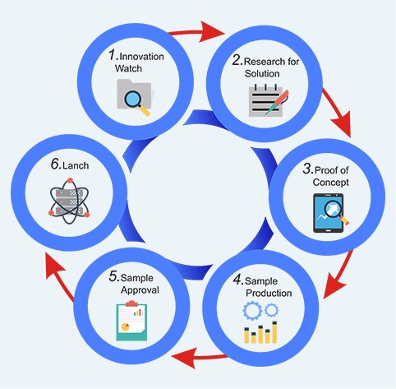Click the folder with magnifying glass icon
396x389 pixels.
[x=134, y=97]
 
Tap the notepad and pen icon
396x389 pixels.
[x=269, y=100]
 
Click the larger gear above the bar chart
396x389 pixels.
[x=252, y=311]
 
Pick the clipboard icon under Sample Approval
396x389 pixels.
[x=131, y=321]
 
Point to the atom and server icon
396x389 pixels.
[x=70, y=201]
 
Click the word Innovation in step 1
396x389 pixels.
[x=141, y=57]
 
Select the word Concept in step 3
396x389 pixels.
[x=330, y=183]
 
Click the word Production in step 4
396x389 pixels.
[x=269, y=293]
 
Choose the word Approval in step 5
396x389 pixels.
[x=140, y=290]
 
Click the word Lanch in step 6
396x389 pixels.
[x=76, y=165]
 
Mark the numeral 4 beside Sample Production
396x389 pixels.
[x=237, y=279]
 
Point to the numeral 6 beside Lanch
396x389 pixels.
[x=55, y=164]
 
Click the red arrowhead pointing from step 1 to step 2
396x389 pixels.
[x=211, y=32]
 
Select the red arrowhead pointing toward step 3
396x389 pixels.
[x=343, y=124]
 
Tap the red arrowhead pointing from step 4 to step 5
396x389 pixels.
[x=185, y=358]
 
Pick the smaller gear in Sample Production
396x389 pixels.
[x=271, y=310]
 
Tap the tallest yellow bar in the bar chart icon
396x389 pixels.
[x=274, y=332]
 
